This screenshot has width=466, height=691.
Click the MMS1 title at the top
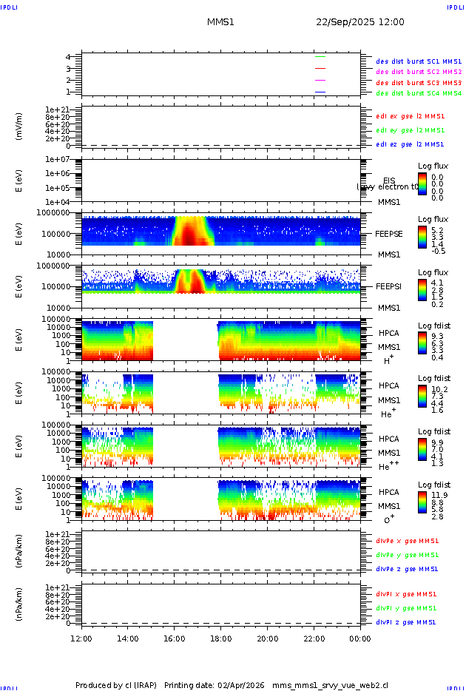pyautogui.click(x=220, y=22)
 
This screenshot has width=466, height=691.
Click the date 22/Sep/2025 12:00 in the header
pyautogui.click(x=360, y=22)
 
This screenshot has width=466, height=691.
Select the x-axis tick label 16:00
pyautogui.click(x=175, y=638)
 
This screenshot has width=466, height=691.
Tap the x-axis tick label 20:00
pyautogui.click(x=268, y=638)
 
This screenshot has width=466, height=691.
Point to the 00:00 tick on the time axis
pyautogui.click(x=360, y=638)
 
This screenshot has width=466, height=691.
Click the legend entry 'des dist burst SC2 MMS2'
pyautogui.click(x=419, y=72)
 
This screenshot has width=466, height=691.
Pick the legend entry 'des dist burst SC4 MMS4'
pyautogui.click(x=419, y=93)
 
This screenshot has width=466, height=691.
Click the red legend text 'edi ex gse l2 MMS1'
pyautogui.click(x=411, y=115)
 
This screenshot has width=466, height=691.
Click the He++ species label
pyautogui.click(x=389, y=466)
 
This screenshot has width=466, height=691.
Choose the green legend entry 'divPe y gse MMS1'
pyautogui.click(x=407, y=555)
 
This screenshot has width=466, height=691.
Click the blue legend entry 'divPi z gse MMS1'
pyautogui.click(x=406, y=622)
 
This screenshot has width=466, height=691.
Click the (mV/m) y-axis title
pyautogui.click(x=20, y=126)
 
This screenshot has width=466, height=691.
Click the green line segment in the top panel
pyautogui.click(x=320, y=56)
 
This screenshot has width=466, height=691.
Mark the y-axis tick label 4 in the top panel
pyautogui.click(x=68, y=57)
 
